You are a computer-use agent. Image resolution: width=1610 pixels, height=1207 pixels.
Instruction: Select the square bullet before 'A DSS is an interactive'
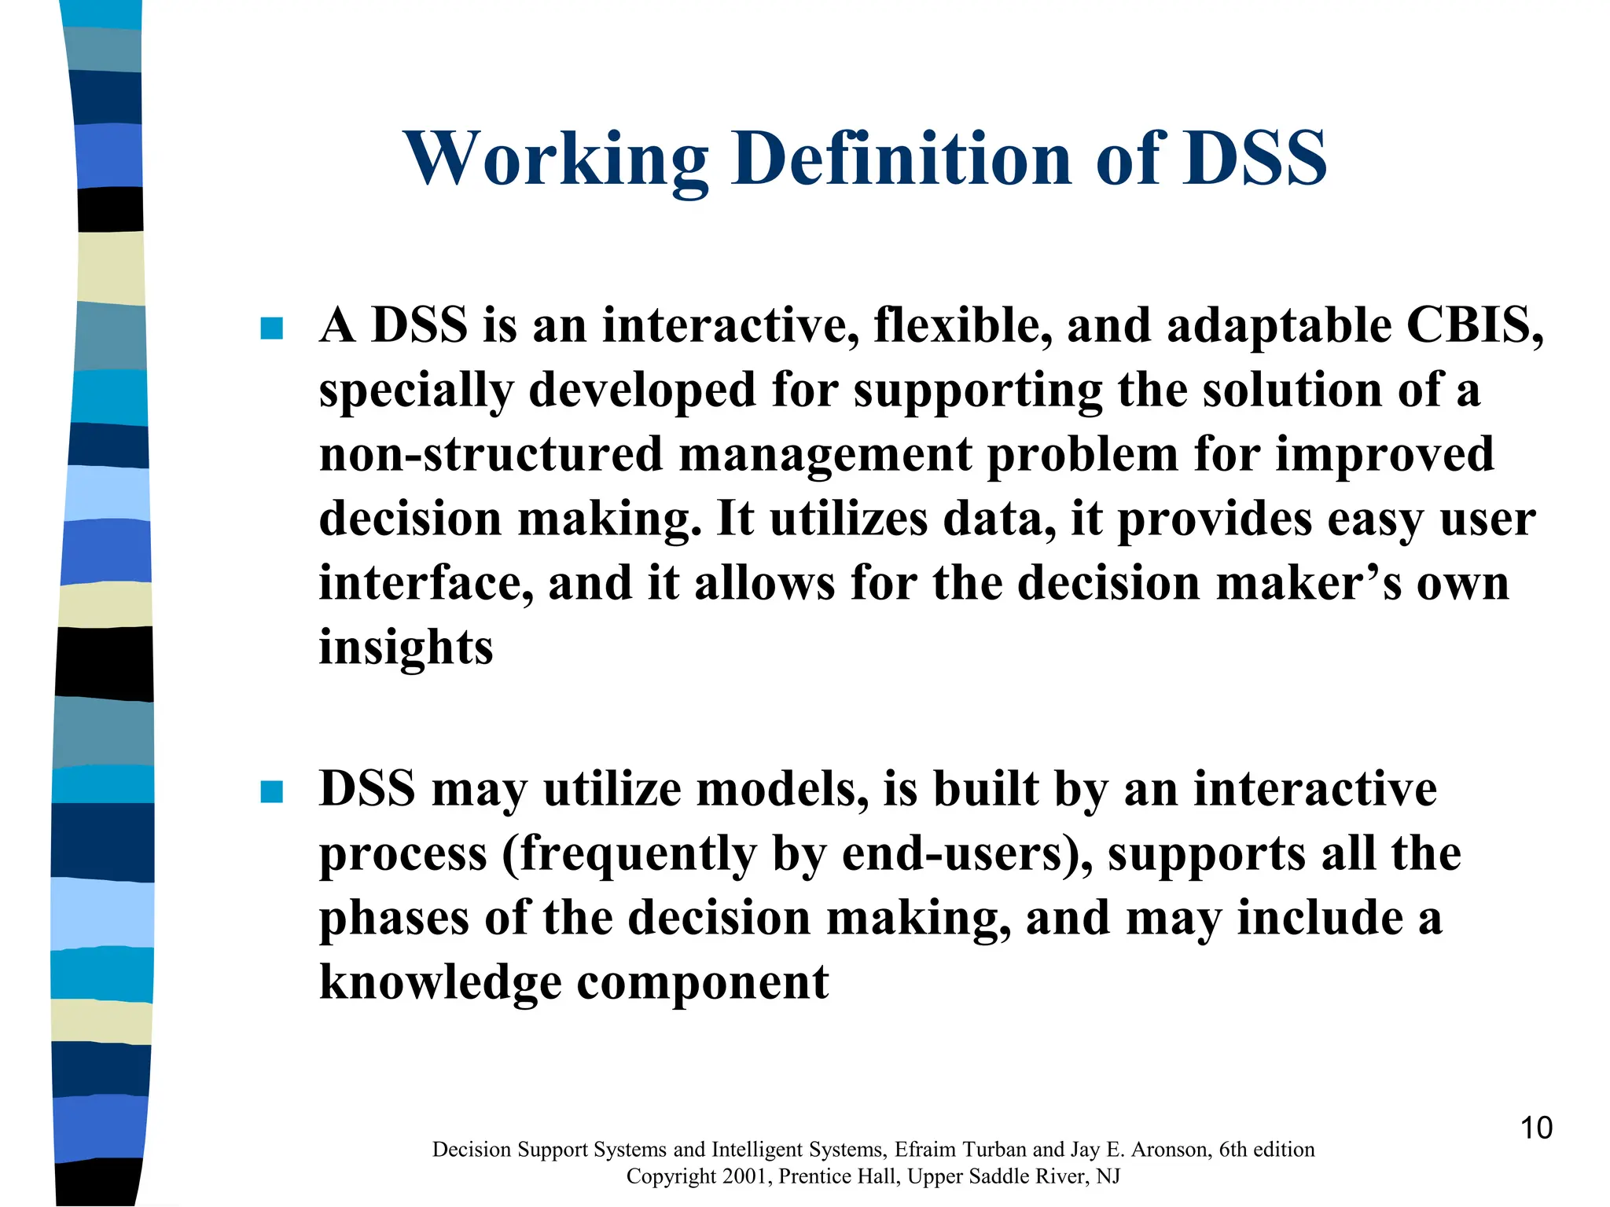point(271,328)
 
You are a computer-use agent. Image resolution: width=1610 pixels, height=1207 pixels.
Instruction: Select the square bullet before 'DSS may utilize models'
point(271,791)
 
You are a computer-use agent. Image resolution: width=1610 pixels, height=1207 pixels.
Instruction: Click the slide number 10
point(1536,1128)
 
